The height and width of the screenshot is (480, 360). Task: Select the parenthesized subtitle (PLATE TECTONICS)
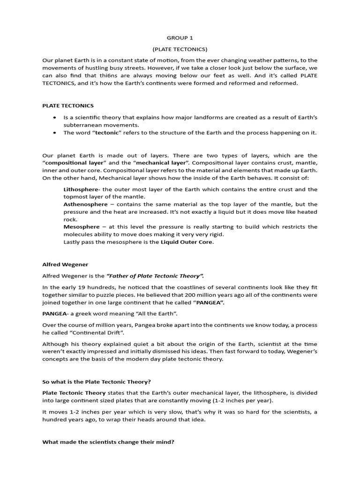point(180,49)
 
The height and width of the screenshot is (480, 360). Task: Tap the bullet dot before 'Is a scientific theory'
point(55,118)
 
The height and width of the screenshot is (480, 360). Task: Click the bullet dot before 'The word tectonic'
point(55,133)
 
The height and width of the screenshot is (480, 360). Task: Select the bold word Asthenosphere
point(84,204)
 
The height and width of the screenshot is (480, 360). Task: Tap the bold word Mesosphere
point(81,227)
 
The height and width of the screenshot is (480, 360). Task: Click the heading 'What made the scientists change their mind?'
point(108,441)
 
